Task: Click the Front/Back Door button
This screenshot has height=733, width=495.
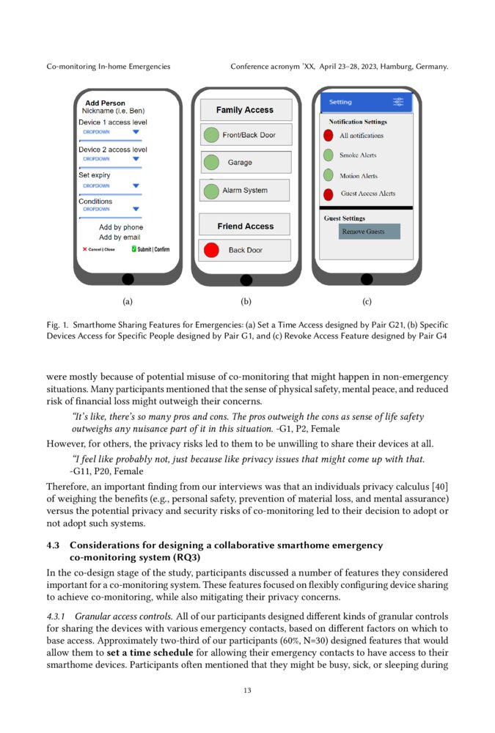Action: (x=246, y=135)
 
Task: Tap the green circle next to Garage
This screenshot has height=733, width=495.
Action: (x=211, y=162)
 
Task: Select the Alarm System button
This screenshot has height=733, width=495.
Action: (x=246, y=191)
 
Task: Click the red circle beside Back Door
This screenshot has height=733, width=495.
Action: (x=211, y=250)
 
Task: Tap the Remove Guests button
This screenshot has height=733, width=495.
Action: (x=364, y=232)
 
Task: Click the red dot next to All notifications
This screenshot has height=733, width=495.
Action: (x=329, y=136)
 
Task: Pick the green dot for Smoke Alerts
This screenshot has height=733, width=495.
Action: (x=329, y=155)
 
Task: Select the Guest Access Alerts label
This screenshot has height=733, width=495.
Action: (x=367, y=194)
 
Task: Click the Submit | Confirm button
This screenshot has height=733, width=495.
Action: (x=151, y=249)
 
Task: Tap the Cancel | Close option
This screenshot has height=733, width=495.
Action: (x=99, y=249)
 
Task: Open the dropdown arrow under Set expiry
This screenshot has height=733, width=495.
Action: (x=136, y=185)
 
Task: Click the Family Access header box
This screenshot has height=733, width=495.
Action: (x=246, y=110)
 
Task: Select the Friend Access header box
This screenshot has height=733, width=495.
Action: (x=246, y=226)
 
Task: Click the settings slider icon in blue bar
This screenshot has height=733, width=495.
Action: (x=398, y=102)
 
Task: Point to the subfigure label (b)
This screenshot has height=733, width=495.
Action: (x=246, y=301)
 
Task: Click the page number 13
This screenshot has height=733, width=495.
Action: (x=247, y=690)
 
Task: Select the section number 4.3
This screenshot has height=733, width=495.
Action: (x=53, y=545)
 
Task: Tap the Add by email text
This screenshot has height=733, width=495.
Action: (x=120, y=237)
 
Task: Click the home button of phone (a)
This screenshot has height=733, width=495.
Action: (x=128, y=279)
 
